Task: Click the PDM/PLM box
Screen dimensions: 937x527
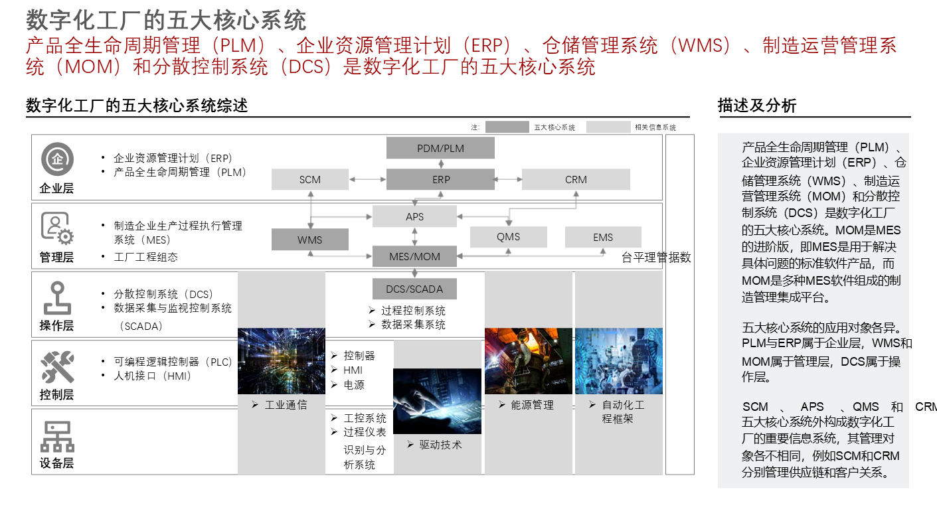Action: coord(440,148)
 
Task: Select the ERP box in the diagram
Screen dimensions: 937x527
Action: coord(440,179)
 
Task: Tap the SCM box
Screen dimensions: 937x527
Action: coord(309,179)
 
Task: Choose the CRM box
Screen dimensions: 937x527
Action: coord(576,179)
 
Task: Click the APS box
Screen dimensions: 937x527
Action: coord(414,216)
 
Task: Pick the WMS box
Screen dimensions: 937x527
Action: coord(309,240)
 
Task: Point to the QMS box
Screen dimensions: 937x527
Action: coord(508,237)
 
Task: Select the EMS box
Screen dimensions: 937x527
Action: coord(603,237)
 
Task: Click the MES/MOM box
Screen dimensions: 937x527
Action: coord(414,256)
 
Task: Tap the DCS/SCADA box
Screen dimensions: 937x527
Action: coord(414,289)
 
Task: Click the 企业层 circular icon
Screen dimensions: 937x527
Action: coord(57,159)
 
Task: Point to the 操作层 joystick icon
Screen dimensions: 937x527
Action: coord(57,298)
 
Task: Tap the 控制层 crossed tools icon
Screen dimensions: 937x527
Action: coord(57,367)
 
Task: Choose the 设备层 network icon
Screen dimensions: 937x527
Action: coord(57,436)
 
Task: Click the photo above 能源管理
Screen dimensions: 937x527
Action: coord(528,361)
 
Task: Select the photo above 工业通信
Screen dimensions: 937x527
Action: coord(282,361)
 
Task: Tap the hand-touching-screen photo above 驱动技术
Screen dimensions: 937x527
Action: coord(437,401)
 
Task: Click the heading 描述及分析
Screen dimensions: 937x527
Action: coord(756,106)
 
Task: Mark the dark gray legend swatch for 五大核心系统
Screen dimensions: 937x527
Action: coord(507,127)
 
